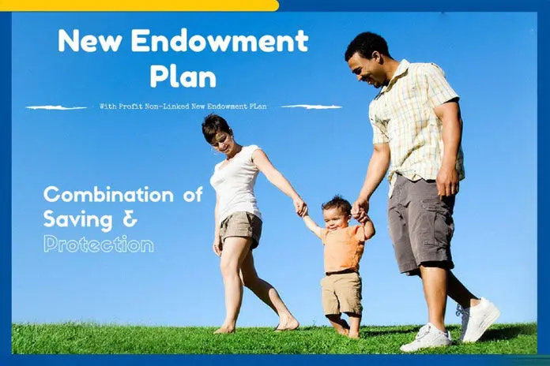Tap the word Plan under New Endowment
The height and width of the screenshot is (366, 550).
tap(183, 77)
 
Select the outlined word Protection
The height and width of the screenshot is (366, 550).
tap(99, 244)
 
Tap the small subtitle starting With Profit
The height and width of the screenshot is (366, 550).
tap(183, 106)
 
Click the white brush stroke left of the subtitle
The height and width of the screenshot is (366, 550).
tap(56, 106)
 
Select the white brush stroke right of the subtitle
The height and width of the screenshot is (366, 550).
tap(311, 106)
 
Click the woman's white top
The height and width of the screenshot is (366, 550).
tap(235, 182)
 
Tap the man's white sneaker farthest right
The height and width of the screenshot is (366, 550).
tap(480, 319)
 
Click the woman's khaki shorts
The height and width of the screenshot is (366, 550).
tap(240, 230)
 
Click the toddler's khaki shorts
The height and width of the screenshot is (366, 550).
tap(342, 292)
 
